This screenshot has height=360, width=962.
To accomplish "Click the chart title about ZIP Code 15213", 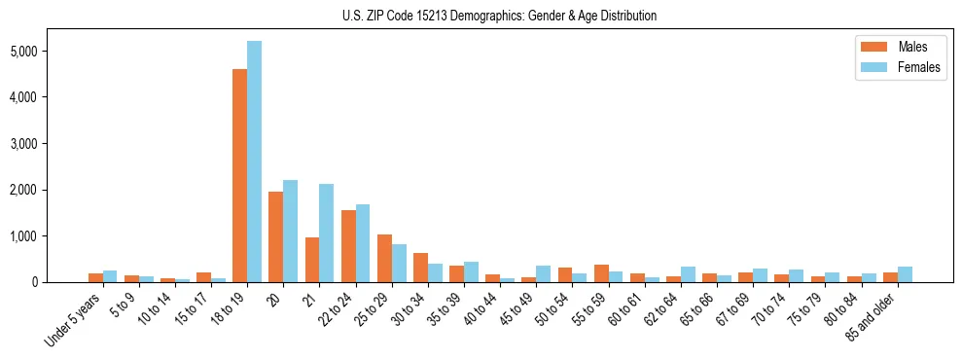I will click(x=500, y=16).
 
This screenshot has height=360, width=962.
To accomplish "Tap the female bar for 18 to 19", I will click(x=254, y=162).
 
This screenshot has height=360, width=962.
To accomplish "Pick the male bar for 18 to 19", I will click(x=239, y=176).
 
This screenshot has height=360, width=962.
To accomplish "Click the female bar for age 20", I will click(x=290, y=232).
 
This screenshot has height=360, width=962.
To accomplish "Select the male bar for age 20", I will click(x=275, y=237).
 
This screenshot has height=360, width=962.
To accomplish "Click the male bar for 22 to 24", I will click(x=348, y=246).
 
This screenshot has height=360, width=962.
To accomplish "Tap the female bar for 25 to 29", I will click(x=399, y=263).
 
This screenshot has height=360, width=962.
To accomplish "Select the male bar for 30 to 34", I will click(x=420, y=268).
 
